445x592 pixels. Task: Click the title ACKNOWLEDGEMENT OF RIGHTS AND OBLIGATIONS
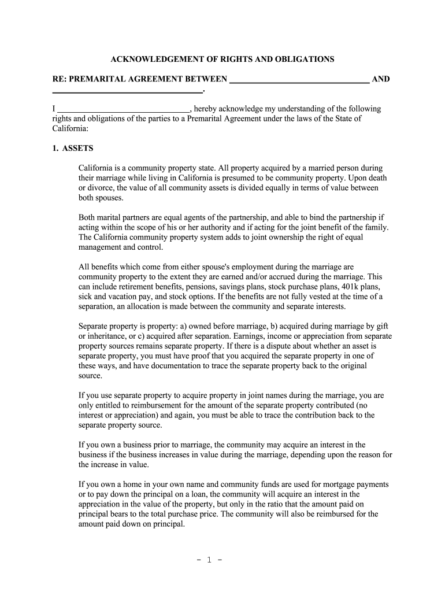(x=222, y=59)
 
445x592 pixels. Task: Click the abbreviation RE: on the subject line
(x=60, y=79)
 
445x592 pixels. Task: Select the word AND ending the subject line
(x=380, y=79)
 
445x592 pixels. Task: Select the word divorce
(x=102, y=188)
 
